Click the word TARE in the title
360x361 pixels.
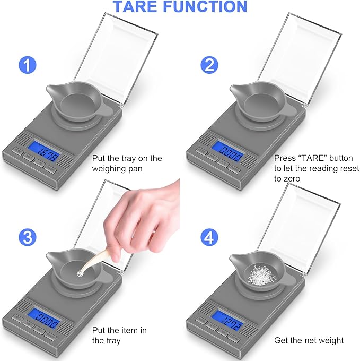click(139, 7)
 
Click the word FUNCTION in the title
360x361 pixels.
click(212, 7)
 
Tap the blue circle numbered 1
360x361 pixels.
click(28, 67)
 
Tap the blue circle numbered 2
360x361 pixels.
click(209, 67)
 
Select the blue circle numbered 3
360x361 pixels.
click(28, 237)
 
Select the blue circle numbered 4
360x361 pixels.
click(209, 237)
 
